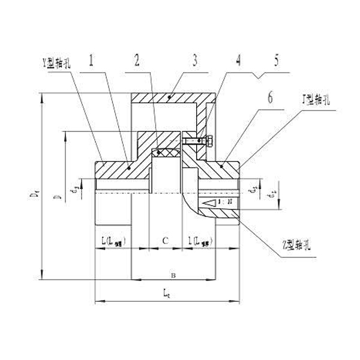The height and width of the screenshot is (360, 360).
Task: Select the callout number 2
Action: tap(137, 61)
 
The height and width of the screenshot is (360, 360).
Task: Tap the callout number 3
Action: tap(195, 61)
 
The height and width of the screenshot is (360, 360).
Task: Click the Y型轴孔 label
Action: tap(54, 64)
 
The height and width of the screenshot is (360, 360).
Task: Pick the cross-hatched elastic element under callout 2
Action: tap(166, 154)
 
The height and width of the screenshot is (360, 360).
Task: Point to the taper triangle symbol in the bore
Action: tap(211, 203)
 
